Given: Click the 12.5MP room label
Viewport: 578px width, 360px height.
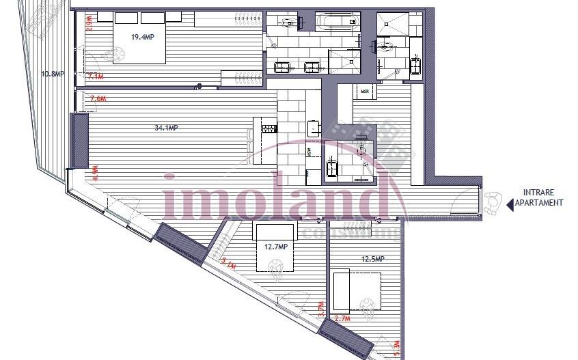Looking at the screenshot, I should tap(372, 259).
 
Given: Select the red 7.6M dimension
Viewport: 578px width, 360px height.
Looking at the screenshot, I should tap(98, 99).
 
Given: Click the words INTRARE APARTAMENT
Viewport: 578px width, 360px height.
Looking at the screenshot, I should tap(543, 197).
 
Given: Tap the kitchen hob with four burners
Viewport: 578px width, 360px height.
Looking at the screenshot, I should tap(269, 128).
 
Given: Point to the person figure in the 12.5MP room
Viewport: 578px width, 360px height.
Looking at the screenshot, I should tap(368, 308).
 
